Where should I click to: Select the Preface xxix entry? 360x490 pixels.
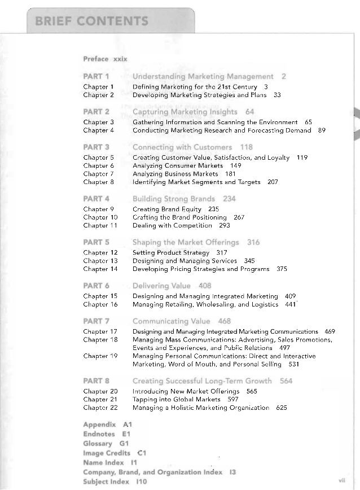(105, 59)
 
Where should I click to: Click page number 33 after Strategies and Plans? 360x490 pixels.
(277, 95)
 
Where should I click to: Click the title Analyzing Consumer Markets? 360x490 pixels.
(178, 165)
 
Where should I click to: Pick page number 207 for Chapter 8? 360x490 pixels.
(273, 182)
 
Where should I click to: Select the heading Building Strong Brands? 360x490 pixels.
(173, 199)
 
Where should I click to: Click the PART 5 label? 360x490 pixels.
(96, 242)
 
